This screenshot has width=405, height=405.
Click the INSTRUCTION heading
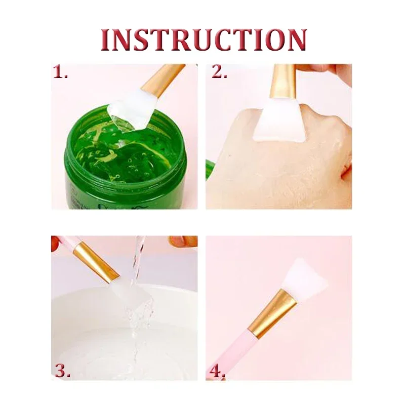[203, 39]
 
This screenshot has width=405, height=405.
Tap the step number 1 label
[60, 73]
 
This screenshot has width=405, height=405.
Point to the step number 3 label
[62, 371]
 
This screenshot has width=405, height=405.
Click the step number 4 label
[217, 372]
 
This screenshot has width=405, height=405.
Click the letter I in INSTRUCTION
[106, 39]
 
